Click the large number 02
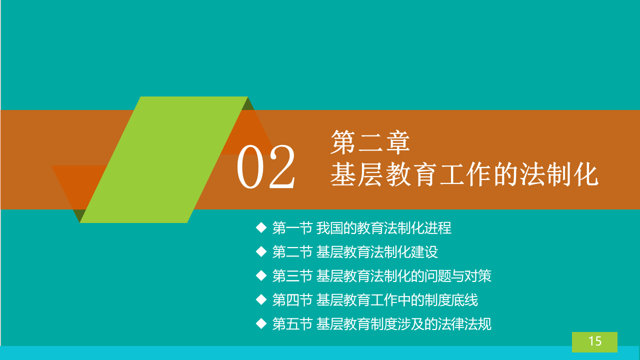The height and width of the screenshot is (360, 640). click(265, 167)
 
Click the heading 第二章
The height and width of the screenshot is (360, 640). click(370, 142)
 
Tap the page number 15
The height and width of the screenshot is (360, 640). click(595, 341)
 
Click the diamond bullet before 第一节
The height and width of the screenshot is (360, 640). click(261, 227)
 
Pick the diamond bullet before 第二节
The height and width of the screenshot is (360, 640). click(261, 251)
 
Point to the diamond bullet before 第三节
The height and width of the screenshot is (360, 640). click(261, 275)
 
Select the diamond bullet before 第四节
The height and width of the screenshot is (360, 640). click(261, 299)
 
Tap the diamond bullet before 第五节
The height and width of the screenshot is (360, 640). click(261, 323)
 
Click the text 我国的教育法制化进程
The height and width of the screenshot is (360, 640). click(383, 228)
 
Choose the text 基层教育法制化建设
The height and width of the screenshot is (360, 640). click(377, 252)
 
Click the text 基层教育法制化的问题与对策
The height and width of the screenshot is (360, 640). click(403, 276)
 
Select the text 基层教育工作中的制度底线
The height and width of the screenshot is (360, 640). click(397, 300)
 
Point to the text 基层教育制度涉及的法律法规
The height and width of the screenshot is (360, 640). click(403, 324)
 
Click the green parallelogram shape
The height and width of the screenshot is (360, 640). click(163, 159)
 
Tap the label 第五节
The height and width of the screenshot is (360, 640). click(292, 324)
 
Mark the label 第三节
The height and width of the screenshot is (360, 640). click(292, 276)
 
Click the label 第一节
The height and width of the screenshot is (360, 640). click(292, 228)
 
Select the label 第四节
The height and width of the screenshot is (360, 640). click(292, 300)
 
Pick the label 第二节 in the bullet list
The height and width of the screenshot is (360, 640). click(292, 252)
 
